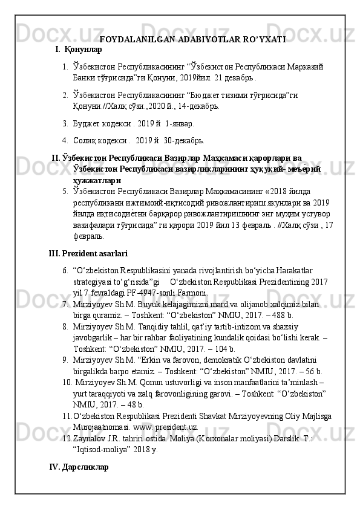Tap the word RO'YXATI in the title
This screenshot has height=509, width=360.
(261, 40)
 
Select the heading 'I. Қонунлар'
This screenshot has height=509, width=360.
(78, 49)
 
